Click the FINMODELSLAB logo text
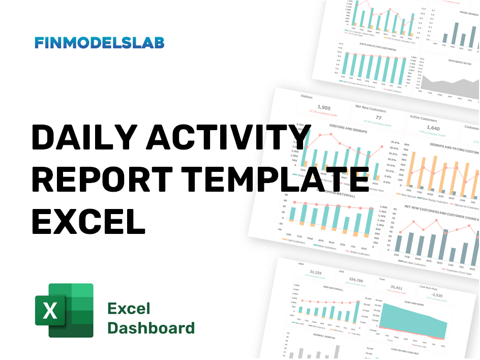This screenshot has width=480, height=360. (x=100, y=43)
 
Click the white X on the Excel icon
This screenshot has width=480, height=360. (x=50, y=310)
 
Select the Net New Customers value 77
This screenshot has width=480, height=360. (x=378, y=117)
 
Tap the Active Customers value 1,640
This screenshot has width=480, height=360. (x=433, y=128)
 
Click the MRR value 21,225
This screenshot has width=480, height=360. (x=316, y=273)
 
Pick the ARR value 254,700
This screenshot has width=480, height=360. (x=356, y=280)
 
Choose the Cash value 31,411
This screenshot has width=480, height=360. (x=396, y=288)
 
